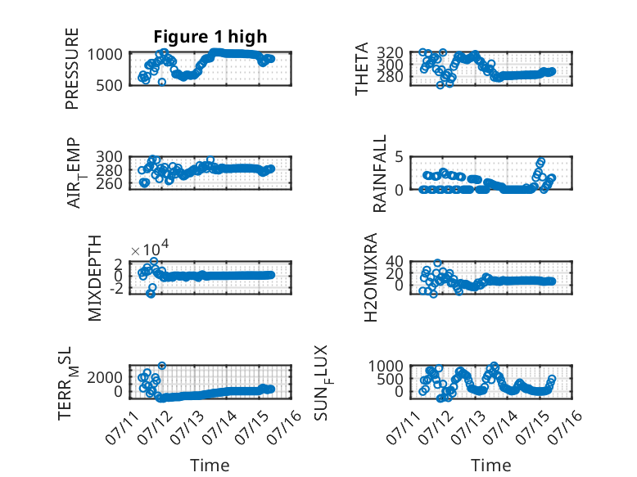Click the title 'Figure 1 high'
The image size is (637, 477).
point(210,37)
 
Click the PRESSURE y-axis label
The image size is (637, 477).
point(71,69)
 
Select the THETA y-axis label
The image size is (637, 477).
point(361,69)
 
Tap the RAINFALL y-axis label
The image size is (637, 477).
point(379,173)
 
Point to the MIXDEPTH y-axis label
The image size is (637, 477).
point(94,278)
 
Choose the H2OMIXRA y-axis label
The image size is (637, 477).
point(371,277)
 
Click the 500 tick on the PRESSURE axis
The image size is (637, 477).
point(109,86)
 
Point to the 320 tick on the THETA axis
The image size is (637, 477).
point(391,53)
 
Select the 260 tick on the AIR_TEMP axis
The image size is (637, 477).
point(109,184)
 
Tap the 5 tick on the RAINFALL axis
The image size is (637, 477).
point(399,157)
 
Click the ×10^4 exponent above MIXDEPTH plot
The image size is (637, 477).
point(150,248)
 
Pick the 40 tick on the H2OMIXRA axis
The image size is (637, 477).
point(395,261)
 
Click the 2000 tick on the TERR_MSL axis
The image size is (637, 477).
point(105,377)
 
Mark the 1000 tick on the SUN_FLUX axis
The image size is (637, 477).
point(386,367)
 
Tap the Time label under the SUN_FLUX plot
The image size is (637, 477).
point(490,466)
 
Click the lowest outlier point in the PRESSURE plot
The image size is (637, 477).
point(161,82)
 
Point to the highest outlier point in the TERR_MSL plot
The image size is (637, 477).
point(161,366)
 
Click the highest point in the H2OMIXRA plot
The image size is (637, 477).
point(437,263)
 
